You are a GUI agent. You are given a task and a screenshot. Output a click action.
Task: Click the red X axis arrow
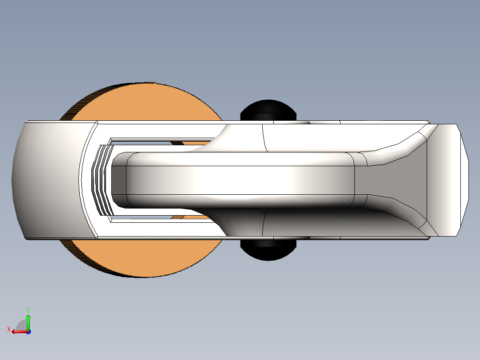pyautogui.click(x=18, y=331)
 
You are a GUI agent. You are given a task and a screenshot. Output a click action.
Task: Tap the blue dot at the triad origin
pyautogui.click(x=28, y=331)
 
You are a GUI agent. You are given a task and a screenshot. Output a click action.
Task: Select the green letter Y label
pyautogui.click(x=28, y=309)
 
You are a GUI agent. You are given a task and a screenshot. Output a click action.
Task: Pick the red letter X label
pyautogui.click(x=8, y=330)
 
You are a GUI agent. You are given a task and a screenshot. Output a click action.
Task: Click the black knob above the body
pyautogui.click(x=268, y=110)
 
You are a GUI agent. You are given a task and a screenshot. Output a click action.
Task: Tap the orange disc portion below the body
pyautogui.click(x=147, y=258)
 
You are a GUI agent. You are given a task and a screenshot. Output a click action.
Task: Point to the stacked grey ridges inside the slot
pyautogui.click(x=102, y=180)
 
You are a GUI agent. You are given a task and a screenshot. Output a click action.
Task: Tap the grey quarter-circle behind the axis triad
pyautogui.click(x=21, y=325)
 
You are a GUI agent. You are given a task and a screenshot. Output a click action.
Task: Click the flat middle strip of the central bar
pyautogui.click(x=240, y=180)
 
